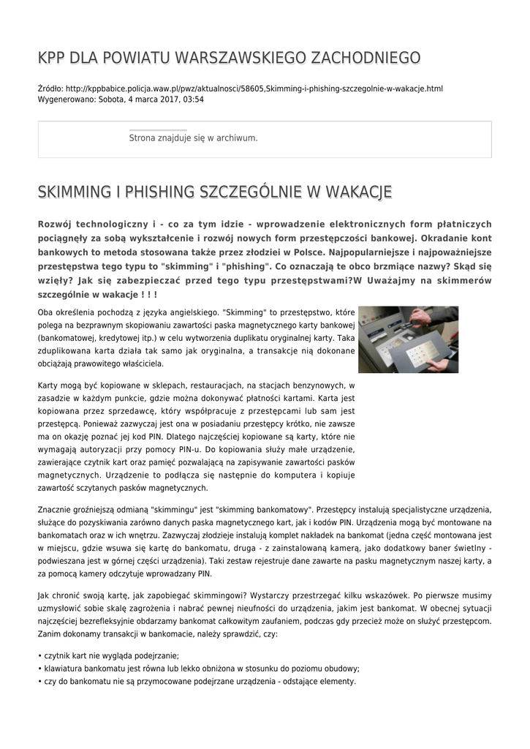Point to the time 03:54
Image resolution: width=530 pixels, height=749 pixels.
tap(194, 99)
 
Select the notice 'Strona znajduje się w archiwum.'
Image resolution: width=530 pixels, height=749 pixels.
tap(193, 138)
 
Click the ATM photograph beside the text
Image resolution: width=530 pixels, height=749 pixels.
tap(408, 339)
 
